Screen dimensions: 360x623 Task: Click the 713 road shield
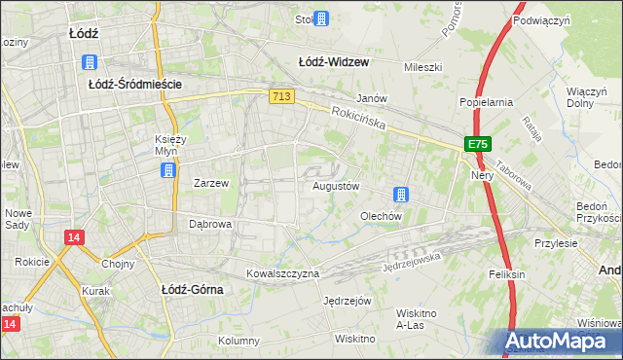click(x=281, y=95)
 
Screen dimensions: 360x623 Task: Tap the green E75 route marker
click(x=477, y=144)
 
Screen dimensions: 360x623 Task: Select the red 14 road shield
click(x=74, y=236)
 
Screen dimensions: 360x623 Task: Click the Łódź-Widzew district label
click(x=333, y=61)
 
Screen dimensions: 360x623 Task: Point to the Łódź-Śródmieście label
click(x=135, y=85)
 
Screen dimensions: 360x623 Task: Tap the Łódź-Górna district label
click(x=192, y=289)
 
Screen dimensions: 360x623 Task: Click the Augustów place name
click(x=337, y=185)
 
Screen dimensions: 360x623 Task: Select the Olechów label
click(x=382, y=216)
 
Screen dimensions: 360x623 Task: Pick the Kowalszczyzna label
click(x=282, y=273)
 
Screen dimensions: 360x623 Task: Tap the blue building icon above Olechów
click(x=400, y=194)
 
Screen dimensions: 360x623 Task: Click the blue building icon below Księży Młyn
click(x=168, y=170)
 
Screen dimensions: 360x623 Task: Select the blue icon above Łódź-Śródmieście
click(x=91, y=62)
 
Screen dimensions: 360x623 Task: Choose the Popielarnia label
click(x=484, y=102)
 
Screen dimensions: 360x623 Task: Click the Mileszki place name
click(x=423, y=67)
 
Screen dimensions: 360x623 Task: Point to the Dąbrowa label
click(x=209, y=224)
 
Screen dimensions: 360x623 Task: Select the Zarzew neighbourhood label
click(x=211, y=182)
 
